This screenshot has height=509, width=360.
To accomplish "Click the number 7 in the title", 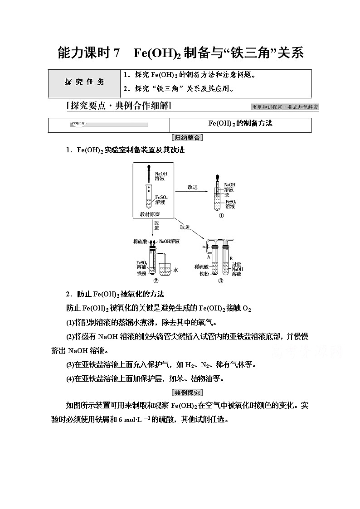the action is (x=117, y=53).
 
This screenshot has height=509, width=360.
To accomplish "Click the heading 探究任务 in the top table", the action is (x=84, y=82).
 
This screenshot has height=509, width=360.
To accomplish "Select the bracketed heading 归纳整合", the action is (x=187, y=137).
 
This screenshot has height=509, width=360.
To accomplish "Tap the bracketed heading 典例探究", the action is (x=187, y=393).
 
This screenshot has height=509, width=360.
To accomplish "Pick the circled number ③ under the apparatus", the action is (x=220, y=280).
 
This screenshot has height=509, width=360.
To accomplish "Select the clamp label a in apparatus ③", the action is (x=204, y=247).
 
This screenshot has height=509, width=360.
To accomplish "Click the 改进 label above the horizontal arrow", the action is (x=193, y=187).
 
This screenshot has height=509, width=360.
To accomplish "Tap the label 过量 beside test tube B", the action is (x=237, y=263).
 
